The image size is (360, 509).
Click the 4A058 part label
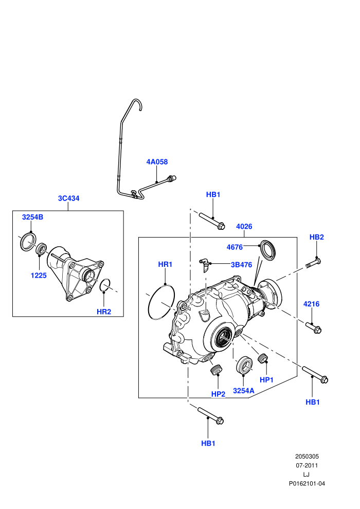[157, 161]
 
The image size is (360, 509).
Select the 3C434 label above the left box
[68, 198]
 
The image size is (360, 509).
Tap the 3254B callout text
[32, 217]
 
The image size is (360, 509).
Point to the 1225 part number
[39, 275]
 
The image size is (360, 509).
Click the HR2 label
[104, 312]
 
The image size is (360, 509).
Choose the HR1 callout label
[165, 264]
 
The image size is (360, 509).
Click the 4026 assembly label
[244, 226]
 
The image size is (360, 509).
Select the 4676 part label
[235, 247]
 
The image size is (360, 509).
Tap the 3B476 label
[242, 265]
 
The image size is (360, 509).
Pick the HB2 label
[316, 237]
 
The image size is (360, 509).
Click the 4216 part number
[311, 304]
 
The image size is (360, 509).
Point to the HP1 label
[266, 380]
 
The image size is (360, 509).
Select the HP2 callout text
[218, 394]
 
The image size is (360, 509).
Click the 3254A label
[244, 391]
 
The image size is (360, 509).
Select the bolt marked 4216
[313, 327]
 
